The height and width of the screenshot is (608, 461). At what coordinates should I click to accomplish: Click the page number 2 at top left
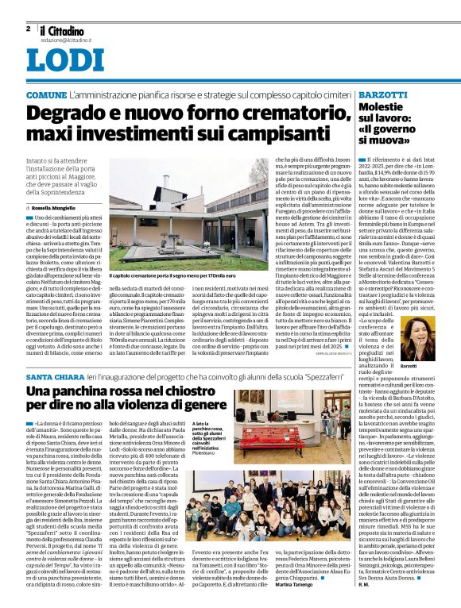pos(27,28)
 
